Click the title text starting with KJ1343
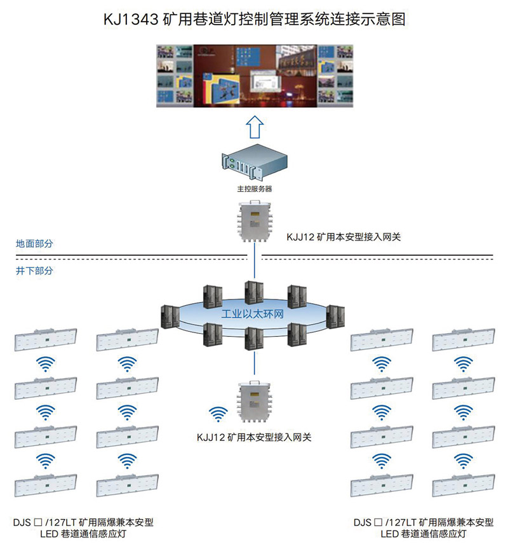pos(254,19)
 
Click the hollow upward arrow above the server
pos(254,127)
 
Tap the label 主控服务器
pos(254,189)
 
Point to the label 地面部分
pos(35,243)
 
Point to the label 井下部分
pos(35,270)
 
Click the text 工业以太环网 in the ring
pos(252,313)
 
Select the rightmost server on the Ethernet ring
pos(335,316)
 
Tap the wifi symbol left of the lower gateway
pos(218,414)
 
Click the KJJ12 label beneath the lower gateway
pos(254,437)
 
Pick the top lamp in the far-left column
pos(46,339)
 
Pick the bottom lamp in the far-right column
pos(462,485)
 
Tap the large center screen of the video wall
pos(253,77)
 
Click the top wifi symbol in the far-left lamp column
pos(46,364)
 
